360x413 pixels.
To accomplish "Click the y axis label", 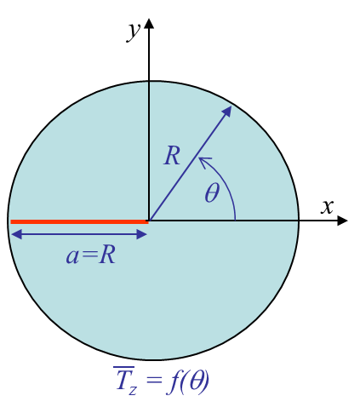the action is click(134, 32).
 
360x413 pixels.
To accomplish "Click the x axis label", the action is click(327, 206).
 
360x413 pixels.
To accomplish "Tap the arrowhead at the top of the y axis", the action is click(149, 24).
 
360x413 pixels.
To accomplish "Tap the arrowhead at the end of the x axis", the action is click(342, 221).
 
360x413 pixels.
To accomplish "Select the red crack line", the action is click(79, 221).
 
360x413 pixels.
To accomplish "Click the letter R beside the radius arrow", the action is click(172, 155).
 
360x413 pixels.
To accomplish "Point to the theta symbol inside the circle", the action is click(212, 192).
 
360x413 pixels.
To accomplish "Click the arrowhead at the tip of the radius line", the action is click(227, 111).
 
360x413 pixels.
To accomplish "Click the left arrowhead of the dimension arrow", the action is click(16, 234).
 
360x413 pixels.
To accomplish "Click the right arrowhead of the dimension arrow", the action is click(141, 234).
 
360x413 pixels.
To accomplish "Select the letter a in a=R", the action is click(72, 256).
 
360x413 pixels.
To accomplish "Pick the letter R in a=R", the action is click(107, 255).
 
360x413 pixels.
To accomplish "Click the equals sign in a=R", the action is click(89, 256).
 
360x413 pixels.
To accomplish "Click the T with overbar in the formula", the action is click(123, 378).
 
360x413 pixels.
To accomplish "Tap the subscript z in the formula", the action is click(133, 390).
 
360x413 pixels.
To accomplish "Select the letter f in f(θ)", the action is click(172, 381).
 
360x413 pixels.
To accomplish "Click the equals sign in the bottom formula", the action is click(154, 380).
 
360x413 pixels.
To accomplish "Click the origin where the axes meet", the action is click(149, 221).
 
